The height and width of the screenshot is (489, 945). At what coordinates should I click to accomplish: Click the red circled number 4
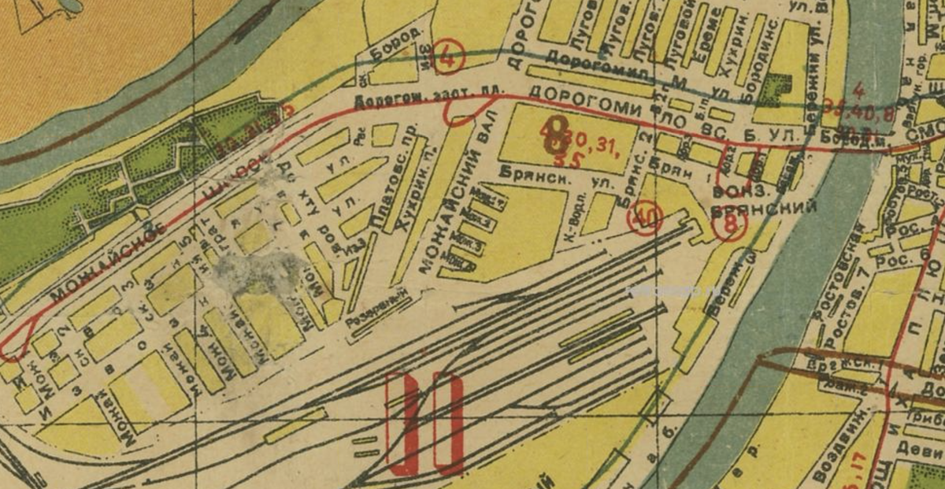450,57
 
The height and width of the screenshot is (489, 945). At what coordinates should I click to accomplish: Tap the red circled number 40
645,218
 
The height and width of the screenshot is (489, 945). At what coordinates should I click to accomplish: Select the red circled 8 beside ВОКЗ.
729,224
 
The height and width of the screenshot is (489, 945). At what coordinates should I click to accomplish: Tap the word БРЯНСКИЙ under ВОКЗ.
763,207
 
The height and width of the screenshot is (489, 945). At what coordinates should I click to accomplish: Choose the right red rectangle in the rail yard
448,423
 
